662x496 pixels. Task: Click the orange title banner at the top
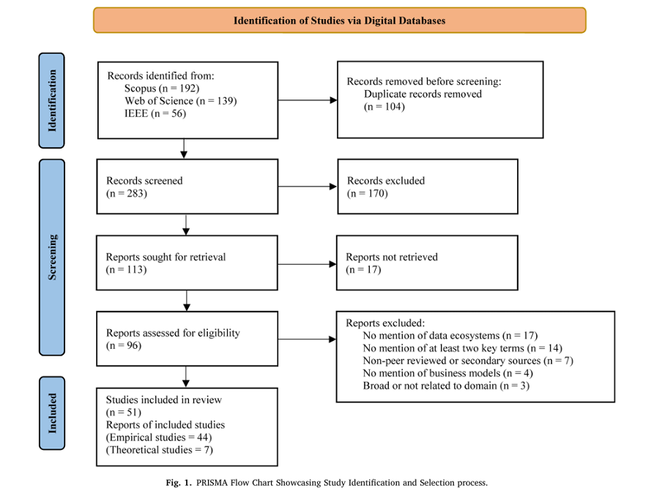click(339, 20)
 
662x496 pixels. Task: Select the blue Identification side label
click(52, 100)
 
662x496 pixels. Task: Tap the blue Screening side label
click(52, 257)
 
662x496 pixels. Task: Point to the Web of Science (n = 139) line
click(180, 101)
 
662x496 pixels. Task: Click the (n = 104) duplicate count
click(384, 107)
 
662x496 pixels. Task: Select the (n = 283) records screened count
click(126, 194)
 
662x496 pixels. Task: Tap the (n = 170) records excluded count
click(367, 194)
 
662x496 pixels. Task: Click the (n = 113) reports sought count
click(126, 270)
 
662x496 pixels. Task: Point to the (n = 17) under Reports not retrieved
click(363, 270)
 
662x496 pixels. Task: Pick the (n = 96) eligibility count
click(124, 345)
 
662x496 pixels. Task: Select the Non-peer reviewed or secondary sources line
click(468, 361)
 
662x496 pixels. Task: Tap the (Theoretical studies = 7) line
click(160, 450)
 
